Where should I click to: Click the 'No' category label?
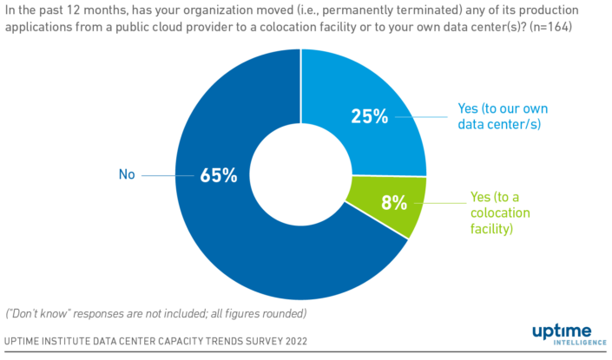(128, 175)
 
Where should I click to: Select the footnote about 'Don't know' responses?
(156, 312)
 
